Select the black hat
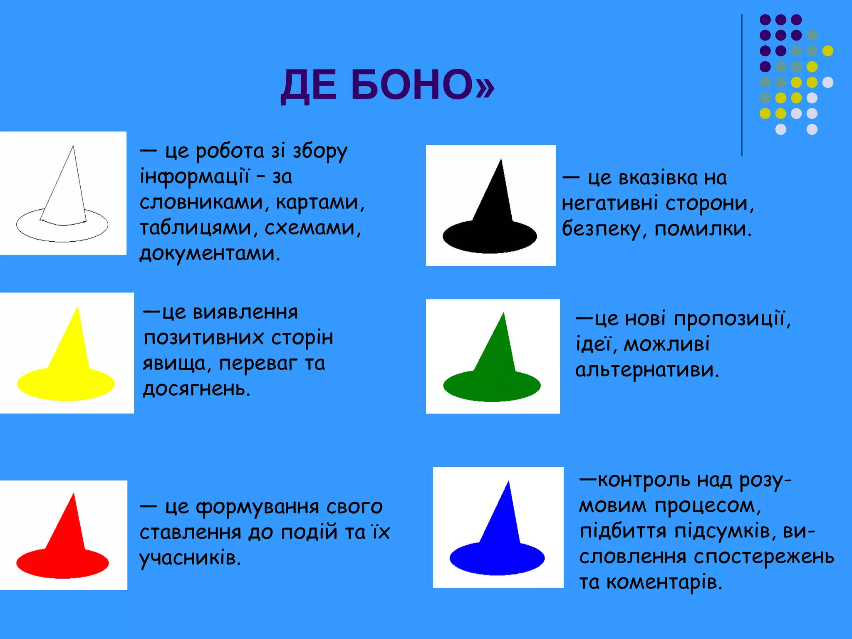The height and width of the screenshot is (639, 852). click(491, 216)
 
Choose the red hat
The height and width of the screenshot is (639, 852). click(63, 545)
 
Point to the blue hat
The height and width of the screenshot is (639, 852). click(498, 541)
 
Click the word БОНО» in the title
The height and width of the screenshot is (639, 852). click(423, 85)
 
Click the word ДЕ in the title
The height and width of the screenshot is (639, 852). click(308, 86)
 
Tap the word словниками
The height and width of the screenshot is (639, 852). click(202, 203)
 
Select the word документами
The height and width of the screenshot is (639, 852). click(210, 253)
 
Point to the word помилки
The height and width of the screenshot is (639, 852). click(703, 229)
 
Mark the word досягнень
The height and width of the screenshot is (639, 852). click(196, 389)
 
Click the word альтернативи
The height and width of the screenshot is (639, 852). click(647, 370)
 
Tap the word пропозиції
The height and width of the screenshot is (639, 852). click(732, 319)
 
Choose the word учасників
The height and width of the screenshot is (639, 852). click(190, 558)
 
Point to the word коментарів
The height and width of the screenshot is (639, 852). click(664, 582)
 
